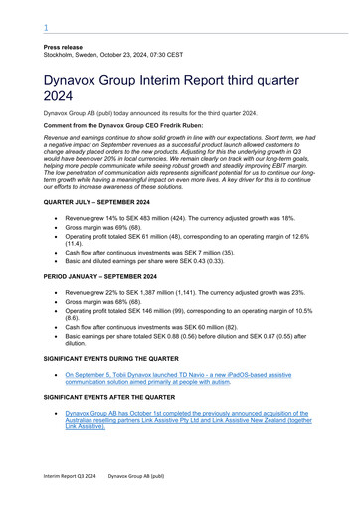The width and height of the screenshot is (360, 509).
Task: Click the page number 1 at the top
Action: (x=46, y=28)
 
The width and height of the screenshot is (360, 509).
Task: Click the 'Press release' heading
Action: (x=62, y=47)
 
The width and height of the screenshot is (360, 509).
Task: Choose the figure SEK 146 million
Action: (x=150, y=313)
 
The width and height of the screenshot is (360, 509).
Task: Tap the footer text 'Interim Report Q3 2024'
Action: (x=70, y=477)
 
